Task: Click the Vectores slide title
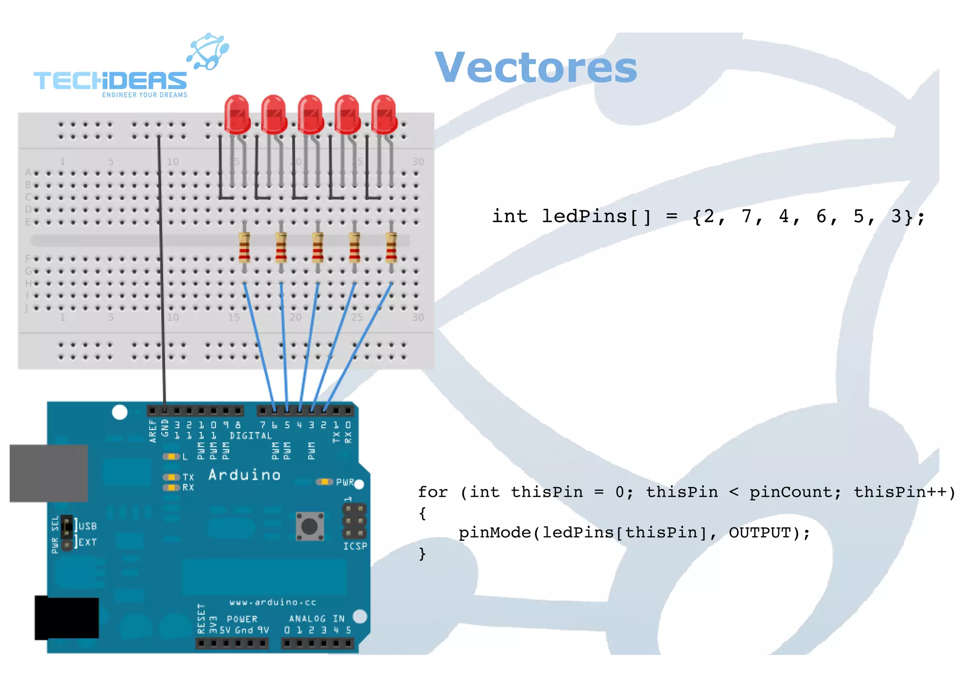535,68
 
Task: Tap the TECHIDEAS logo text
110,81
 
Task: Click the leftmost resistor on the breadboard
244,247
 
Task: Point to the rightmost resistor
391,247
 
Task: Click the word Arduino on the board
244,475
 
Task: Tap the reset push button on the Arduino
310,526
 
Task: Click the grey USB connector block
48,473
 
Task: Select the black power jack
66,617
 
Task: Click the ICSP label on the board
355,546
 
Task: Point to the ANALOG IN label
317,619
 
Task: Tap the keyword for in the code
432,492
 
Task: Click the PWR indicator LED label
345,482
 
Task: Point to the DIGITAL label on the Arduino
251,436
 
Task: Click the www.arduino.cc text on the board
272,602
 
